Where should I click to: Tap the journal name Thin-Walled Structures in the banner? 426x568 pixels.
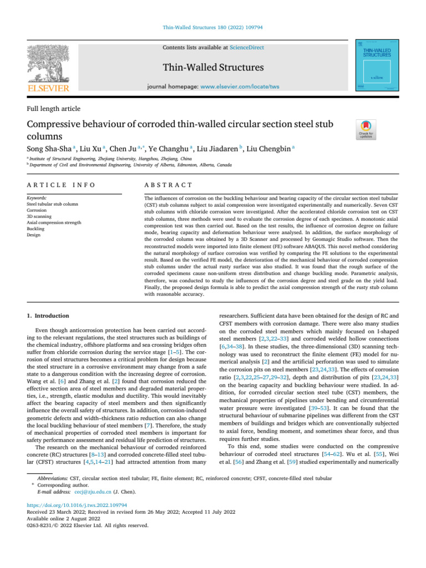[213, 68]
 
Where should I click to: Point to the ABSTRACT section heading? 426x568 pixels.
[168, 185]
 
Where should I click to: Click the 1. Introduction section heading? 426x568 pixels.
[48, 316]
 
